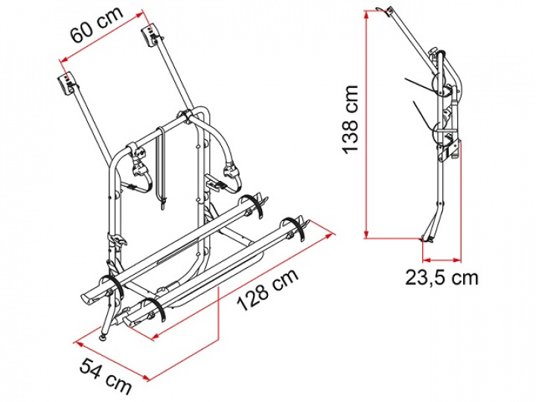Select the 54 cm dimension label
pos(106,375)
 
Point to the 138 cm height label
pos(351,119)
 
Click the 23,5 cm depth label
pos(441,278)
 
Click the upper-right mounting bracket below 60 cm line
pos(150,34)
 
